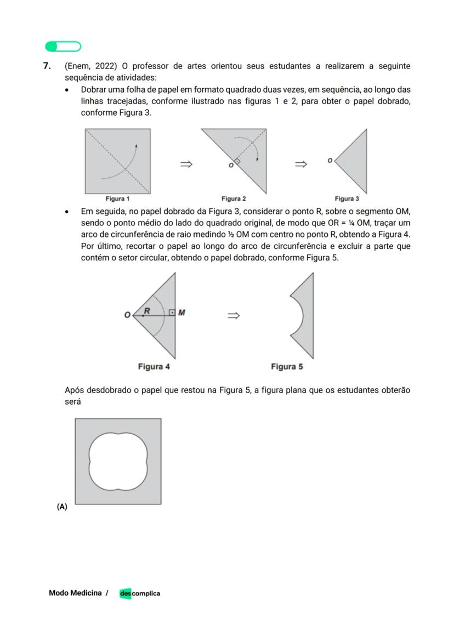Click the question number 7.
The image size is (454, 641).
click(47, 66)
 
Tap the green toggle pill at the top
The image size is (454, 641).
click(63, 47)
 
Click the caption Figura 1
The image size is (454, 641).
click(117, 199)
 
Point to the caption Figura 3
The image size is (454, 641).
click(347, 199)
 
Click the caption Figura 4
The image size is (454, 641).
click(157, 366)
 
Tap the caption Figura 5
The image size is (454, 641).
click(287, 366)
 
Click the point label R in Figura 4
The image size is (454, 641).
click(147, 311)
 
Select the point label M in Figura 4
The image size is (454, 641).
click(181, 313)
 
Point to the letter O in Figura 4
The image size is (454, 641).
click(127, 315)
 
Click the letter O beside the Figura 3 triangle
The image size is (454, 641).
click(330, 161)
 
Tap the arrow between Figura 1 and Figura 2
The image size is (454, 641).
click(186, 164)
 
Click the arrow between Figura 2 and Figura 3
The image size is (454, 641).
click(300, 164)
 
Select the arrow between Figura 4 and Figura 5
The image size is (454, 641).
click(234, 315)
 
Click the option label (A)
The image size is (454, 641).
click(61, 507)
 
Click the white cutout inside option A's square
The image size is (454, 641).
click(118, 461)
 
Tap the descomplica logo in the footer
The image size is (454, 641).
click(140, 593)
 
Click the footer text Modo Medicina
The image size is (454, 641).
click(75, 593)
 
